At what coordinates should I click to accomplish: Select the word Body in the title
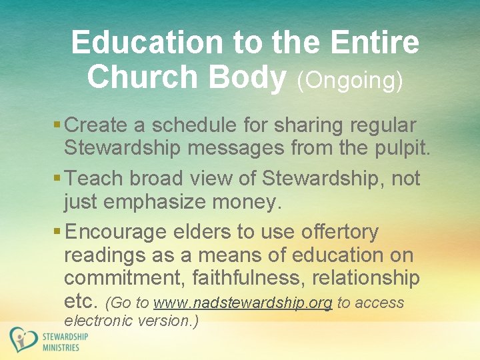[247, 78]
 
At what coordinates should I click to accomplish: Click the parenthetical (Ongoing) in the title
[349, 80]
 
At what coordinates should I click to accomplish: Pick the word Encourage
[117, 233]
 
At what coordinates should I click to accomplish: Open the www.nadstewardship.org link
[243, 303]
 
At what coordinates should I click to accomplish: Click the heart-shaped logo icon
[23, 340]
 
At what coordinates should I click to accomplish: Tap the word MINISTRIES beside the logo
[61, 347]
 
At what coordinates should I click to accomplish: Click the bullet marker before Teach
[57, 179]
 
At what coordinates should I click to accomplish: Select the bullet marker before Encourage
[57, 233]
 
